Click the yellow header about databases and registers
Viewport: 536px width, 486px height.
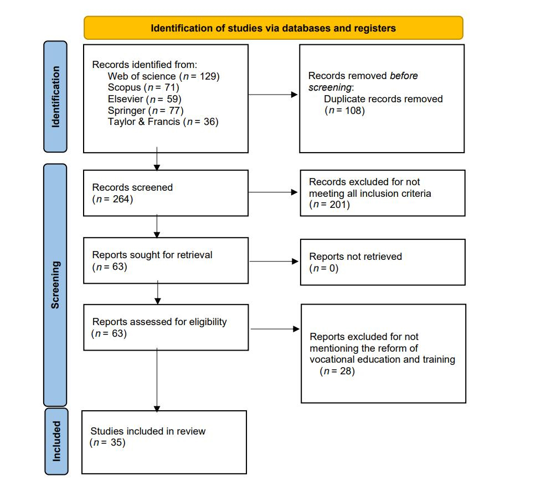[273, 28]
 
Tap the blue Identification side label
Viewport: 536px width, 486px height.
[55, 96]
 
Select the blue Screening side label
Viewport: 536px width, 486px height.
[55, 285]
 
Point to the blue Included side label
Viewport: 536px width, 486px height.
[56, 441]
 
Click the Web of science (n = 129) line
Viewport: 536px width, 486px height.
[163, 76]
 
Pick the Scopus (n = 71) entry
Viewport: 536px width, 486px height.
[143, 87]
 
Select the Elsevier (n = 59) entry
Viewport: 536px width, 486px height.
[145, 99]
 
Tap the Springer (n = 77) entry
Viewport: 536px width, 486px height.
[146, 110]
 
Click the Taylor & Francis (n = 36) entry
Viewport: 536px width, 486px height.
[163, 122]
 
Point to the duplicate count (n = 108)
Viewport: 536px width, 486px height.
[344, 110]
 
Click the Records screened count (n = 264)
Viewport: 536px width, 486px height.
[112, 199]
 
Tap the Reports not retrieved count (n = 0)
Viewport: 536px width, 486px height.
[323, 268]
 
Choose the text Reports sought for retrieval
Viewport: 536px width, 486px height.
[152, 255]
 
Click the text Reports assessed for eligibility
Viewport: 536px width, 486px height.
[159, 322]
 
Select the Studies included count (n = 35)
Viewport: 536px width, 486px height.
[107, 442]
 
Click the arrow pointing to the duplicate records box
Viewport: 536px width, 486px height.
[274, 95]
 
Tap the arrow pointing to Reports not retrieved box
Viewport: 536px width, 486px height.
[274, 262]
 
